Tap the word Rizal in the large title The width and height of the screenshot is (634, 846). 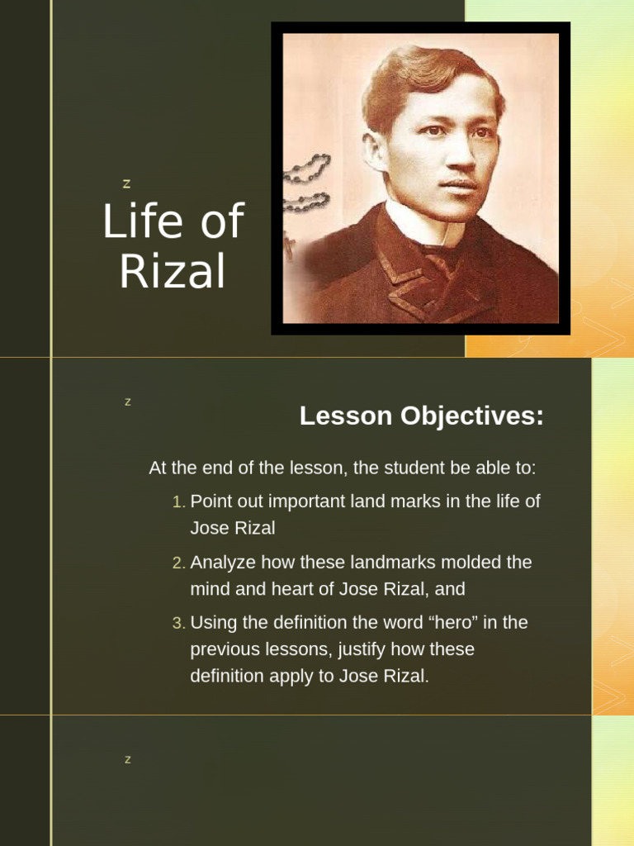(172, 271)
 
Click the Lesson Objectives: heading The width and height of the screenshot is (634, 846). (422, 416)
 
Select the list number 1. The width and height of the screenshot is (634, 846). (178, 502)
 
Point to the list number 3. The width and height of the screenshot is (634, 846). (178, 624)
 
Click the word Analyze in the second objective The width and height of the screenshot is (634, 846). (223, 563)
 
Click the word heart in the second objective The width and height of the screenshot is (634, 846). (293, 589)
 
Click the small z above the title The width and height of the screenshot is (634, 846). (126, 184)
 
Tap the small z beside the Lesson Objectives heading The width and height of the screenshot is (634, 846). (128, 402)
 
